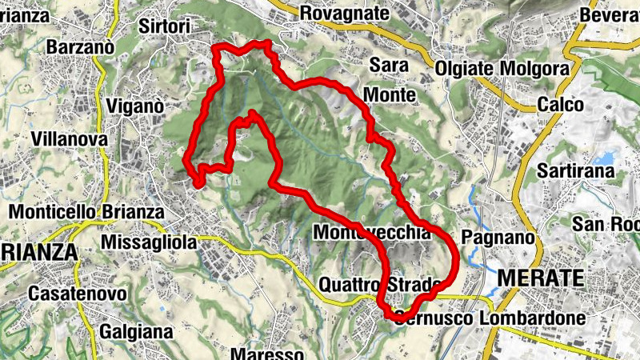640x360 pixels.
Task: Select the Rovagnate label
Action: tap(344, 13)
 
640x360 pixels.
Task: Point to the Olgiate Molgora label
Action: tap(502, 69)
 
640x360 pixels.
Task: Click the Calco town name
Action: tap(561, 105)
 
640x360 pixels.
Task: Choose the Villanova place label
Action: tap(70, 139)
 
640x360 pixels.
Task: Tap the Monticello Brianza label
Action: tap(86, 213)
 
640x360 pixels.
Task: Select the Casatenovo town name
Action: tap(78, 294)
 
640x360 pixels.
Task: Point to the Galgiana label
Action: tap(138, 330)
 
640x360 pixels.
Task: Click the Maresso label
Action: tap(267, 353)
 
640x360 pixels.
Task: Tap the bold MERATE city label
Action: tap(541, 278)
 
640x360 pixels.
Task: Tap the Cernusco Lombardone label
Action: tap(488, 318)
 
